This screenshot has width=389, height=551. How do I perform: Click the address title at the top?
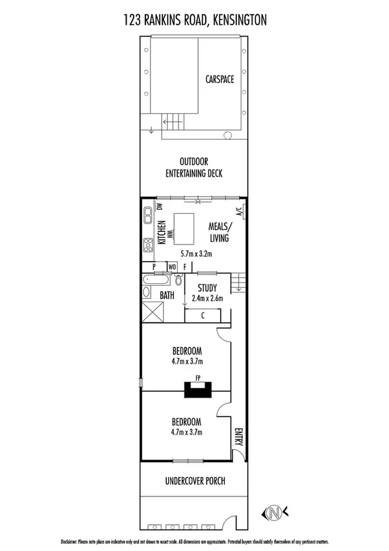(194, 21)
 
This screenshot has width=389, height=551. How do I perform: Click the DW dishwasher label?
(160, 207)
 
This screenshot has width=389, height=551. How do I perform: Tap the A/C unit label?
(238, 211)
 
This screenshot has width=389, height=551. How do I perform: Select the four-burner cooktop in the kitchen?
(148, 244)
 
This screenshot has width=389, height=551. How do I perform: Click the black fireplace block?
(197, 390)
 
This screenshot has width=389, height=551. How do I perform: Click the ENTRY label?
(238, 436)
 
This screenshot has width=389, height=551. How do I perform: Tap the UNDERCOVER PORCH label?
(194, 483)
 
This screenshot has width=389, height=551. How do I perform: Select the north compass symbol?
(275, 512)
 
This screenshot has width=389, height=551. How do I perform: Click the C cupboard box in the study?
(203, 316)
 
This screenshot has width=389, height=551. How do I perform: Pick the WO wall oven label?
(172, 267)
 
